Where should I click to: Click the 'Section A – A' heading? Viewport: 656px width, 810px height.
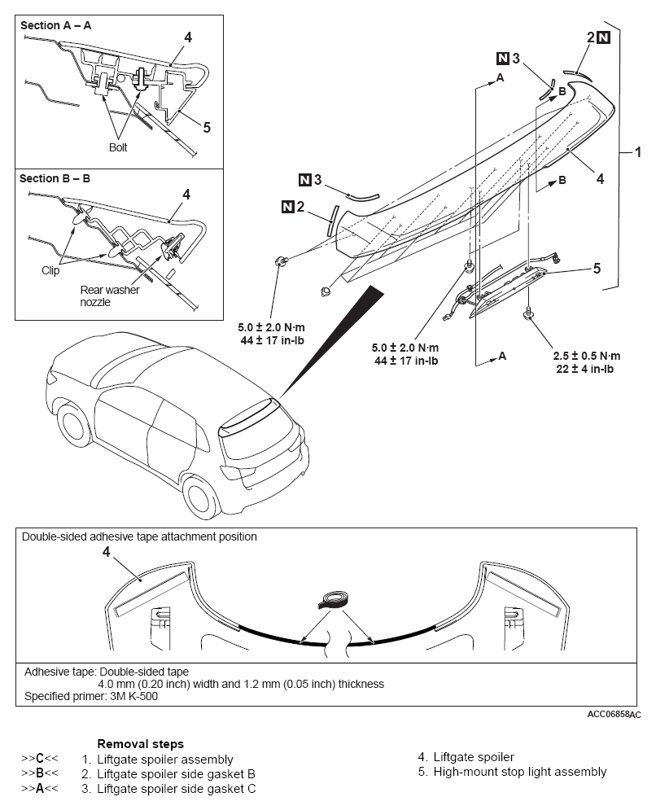[x=56, y=25]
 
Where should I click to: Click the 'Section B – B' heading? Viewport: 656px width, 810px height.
[x=55, y=178]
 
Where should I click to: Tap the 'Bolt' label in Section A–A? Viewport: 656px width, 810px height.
[x=118, y=147]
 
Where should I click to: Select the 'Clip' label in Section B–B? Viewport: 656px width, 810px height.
[x=50, y=270]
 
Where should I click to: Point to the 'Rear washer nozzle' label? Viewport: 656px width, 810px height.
[x=110, y=296]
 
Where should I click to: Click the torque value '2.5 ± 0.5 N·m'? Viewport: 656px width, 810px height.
[x=586, y=356]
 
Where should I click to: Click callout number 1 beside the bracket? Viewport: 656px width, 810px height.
[x=638, y=152]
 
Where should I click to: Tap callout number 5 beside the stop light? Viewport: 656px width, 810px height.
[x=597, y=268]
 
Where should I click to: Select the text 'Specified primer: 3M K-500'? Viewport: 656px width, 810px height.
[x=91, y=696]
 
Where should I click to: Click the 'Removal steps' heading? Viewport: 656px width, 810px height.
[x=141, y=744]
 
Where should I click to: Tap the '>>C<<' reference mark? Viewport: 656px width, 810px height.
[x=40, y=759]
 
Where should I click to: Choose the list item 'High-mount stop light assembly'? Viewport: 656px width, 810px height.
[x=519, y=772]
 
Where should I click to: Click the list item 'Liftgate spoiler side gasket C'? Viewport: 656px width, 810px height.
[x=176, y=789]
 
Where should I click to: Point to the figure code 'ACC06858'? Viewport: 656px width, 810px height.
[x=608, y=714]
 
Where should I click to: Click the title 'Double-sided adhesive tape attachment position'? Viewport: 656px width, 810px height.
[x=139, y=536]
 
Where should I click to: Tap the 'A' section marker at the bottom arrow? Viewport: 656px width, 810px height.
[x=502, y=356]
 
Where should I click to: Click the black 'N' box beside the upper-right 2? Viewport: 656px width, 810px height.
[x=603, y=37]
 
